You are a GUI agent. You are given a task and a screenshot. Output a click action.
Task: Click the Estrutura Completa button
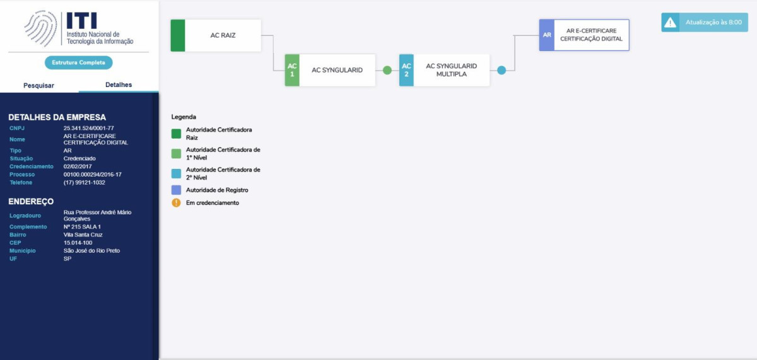point(78,62)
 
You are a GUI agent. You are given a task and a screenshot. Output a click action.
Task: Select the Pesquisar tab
point(38,86)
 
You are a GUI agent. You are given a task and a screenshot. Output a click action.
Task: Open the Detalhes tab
point(119,84)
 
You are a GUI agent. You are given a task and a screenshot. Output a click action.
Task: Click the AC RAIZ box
point(216,35)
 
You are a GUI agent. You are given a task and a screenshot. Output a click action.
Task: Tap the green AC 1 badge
point(292,70)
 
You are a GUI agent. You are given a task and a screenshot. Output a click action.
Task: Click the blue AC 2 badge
point(406,70)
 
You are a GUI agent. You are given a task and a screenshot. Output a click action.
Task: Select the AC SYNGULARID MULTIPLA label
point(451,70)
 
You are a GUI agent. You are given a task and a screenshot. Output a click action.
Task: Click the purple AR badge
point(547,35)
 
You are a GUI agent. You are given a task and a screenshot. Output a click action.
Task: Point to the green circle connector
point(387,70)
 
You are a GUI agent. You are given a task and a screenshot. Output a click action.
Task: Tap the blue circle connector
point(502,70)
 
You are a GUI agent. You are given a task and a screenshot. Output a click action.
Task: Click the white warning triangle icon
point(670,23)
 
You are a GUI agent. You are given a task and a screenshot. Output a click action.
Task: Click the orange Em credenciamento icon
point(176,202)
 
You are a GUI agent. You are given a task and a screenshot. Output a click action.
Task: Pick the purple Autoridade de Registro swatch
point(176,190)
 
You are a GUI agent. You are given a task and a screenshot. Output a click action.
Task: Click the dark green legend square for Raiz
point(176,134)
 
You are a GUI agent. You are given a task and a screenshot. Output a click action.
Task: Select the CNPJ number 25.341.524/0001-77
point(88,129)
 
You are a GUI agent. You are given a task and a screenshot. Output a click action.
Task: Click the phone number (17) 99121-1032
point(84,183)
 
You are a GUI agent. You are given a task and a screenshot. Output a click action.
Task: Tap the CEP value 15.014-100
point(78,243)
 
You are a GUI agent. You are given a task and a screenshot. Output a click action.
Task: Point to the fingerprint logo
point(41,29)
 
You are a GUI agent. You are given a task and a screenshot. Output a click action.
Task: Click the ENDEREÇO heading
point(31,202)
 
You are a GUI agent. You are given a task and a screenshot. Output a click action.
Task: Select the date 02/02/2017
point(78,166)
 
